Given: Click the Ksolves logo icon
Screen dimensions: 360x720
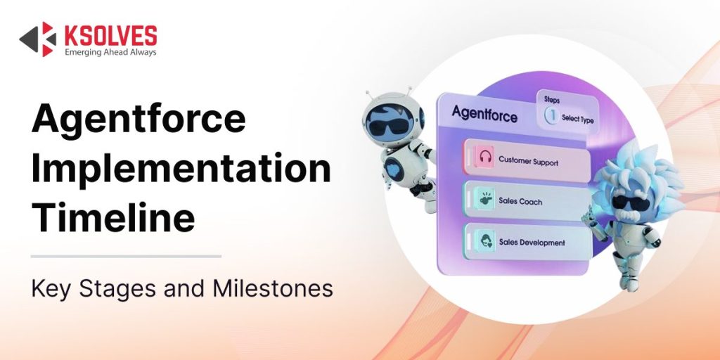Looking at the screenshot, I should point(37,39).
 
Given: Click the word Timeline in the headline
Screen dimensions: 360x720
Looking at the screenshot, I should point(112,217).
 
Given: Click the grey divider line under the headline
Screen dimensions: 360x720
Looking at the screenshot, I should point(126,257).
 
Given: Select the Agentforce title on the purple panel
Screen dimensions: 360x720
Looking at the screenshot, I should point(485,113).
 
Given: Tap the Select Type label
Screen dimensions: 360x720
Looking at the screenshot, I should point(578,120).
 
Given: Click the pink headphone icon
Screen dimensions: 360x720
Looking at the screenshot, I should point(484,157).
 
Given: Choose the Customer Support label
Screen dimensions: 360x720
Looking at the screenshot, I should point(528,161).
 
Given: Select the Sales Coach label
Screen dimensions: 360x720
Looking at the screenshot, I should point(520,202).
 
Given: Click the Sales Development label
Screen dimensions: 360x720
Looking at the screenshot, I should point(532,243).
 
